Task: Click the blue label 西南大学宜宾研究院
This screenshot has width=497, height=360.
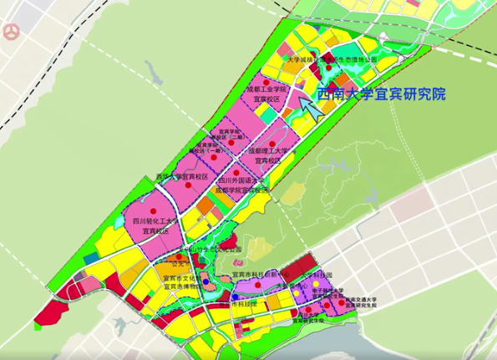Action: point(381,94)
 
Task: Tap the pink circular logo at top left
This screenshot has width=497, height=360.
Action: point(11,32)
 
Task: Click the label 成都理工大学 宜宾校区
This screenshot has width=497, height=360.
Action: point(269,155)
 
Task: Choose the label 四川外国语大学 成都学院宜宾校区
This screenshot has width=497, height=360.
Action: point(241,185)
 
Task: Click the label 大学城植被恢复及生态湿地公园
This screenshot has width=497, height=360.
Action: point(332,60)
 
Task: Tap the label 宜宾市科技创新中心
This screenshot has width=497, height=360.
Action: point(259,274)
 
